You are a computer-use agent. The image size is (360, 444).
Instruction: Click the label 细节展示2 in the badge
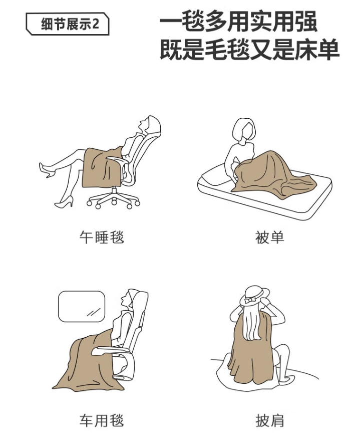(70, 24)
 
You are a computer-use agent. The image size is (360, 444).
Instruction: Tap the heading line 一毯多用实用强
(238, 22)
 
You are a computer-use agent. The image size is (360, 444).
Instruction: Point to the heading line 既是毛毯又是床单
(250, 50)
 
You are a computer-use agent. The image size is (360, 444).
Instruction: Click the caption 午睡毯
(102, 238)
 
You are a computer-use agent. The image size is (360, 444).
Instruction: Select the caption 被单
(269, 238)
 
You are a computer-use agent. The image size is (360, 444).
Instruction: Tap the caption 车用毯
(102, 421)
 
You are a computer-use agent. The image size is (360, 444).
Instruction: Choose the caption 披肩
(269, 421)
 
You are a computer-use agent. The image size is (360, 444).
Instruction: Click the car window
(82, 306)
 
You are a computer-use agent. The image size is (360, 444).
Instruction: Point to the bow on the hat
(251, 300)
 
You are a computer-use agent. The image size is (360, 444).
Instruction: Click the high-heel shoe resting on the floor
(64, 202)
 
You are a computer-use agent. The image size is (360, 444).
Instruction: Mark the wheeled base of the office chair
(113, 197)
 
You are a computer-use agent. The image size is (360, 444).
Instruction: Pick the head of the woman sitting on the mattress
(244, 131)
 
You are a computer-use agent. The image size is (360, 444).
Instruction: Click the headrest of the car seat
(139, 301)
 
